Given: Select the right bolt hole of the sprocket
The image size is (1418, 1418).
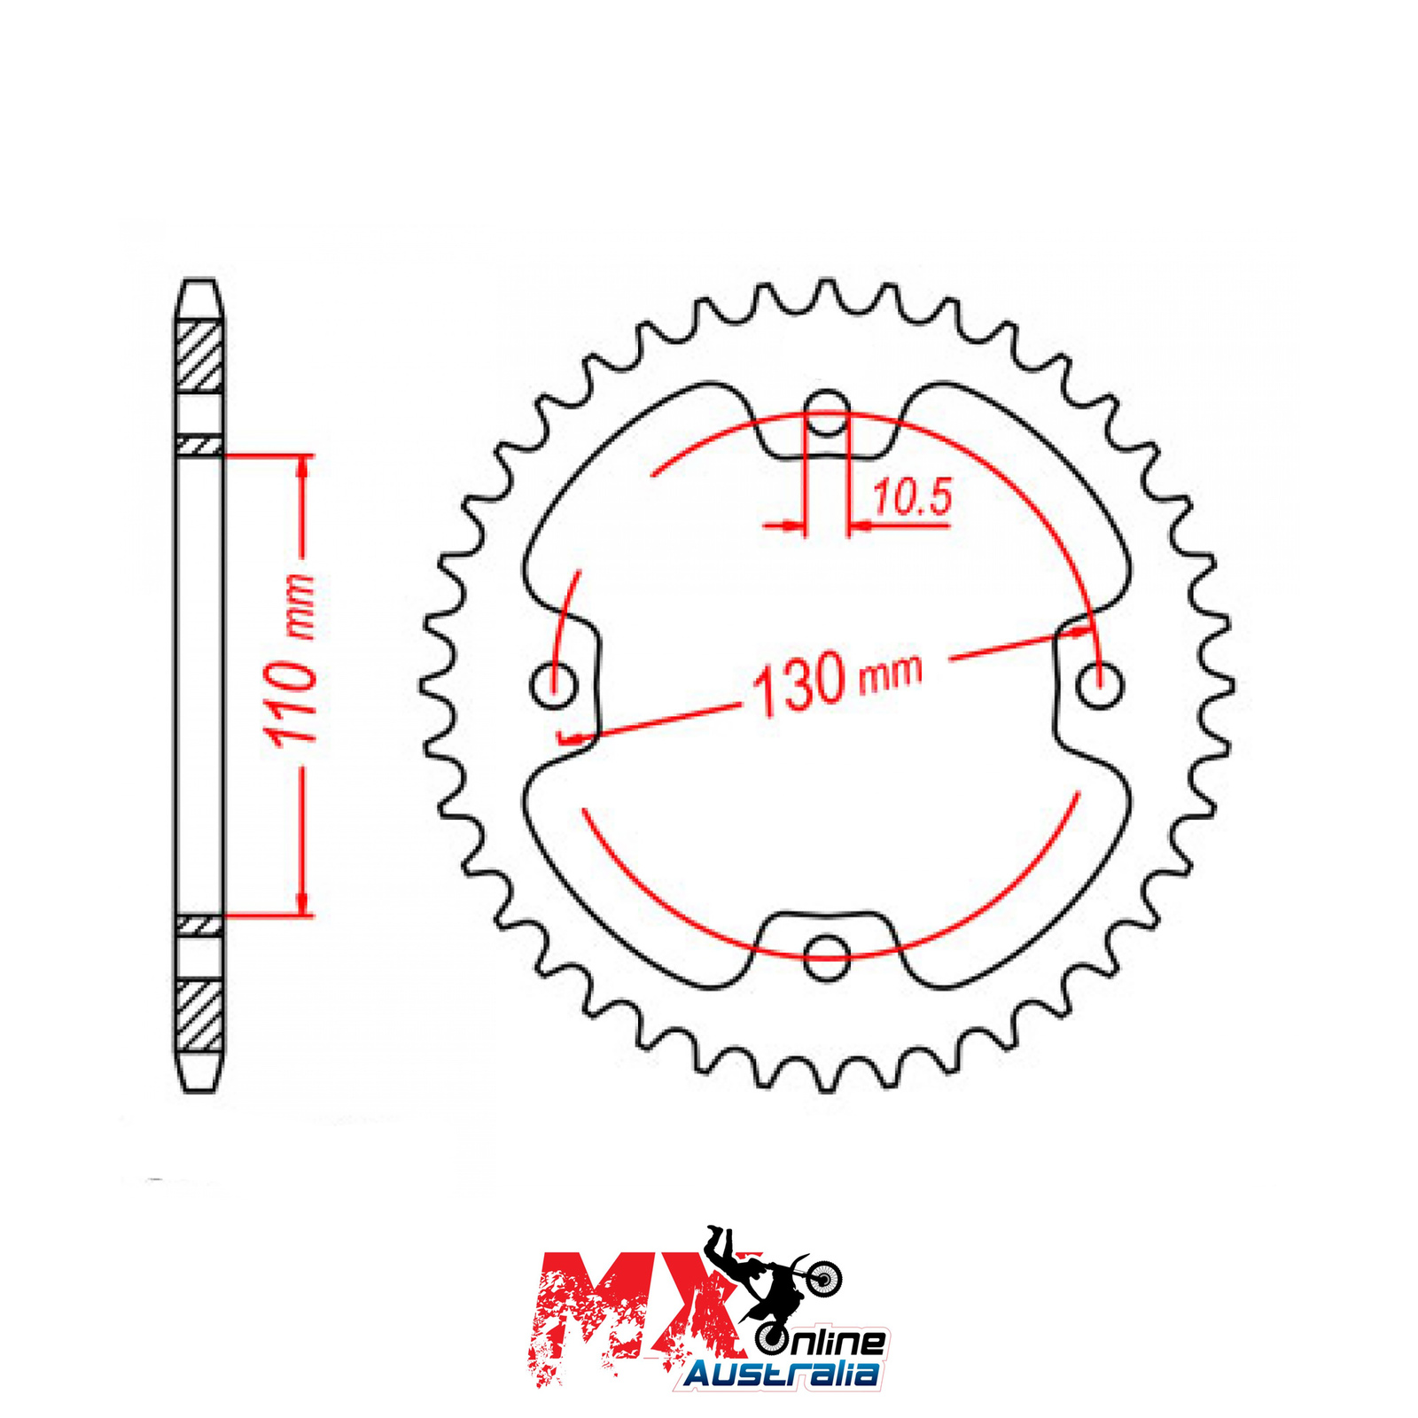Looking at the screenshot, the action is click(x=1100, y=685).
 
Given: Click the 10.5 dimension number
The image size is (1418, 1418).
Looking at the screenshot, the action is click(x=912, y=497).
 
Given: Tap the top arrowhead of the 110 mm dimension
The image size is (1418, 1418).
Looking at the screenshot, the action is click(x=303, y=468).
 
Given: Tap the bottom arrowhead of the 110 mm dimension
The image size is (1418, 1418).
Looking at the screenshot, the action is click(x=303, y=901).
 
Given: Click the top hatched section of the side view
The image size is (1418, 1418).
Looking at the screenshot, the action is click(x=199, y=358).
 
